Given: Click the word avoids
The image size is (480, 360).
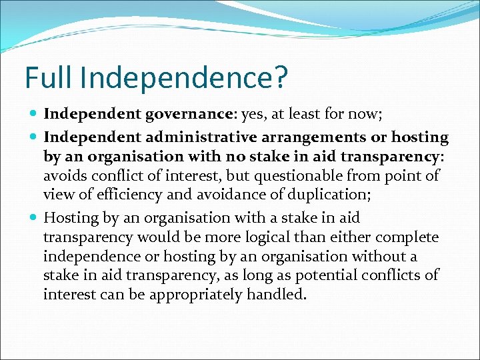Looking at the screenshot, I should [x=64, y=176].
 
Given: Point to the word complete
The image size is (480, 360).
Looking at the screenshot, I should [x=407, y=237].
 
